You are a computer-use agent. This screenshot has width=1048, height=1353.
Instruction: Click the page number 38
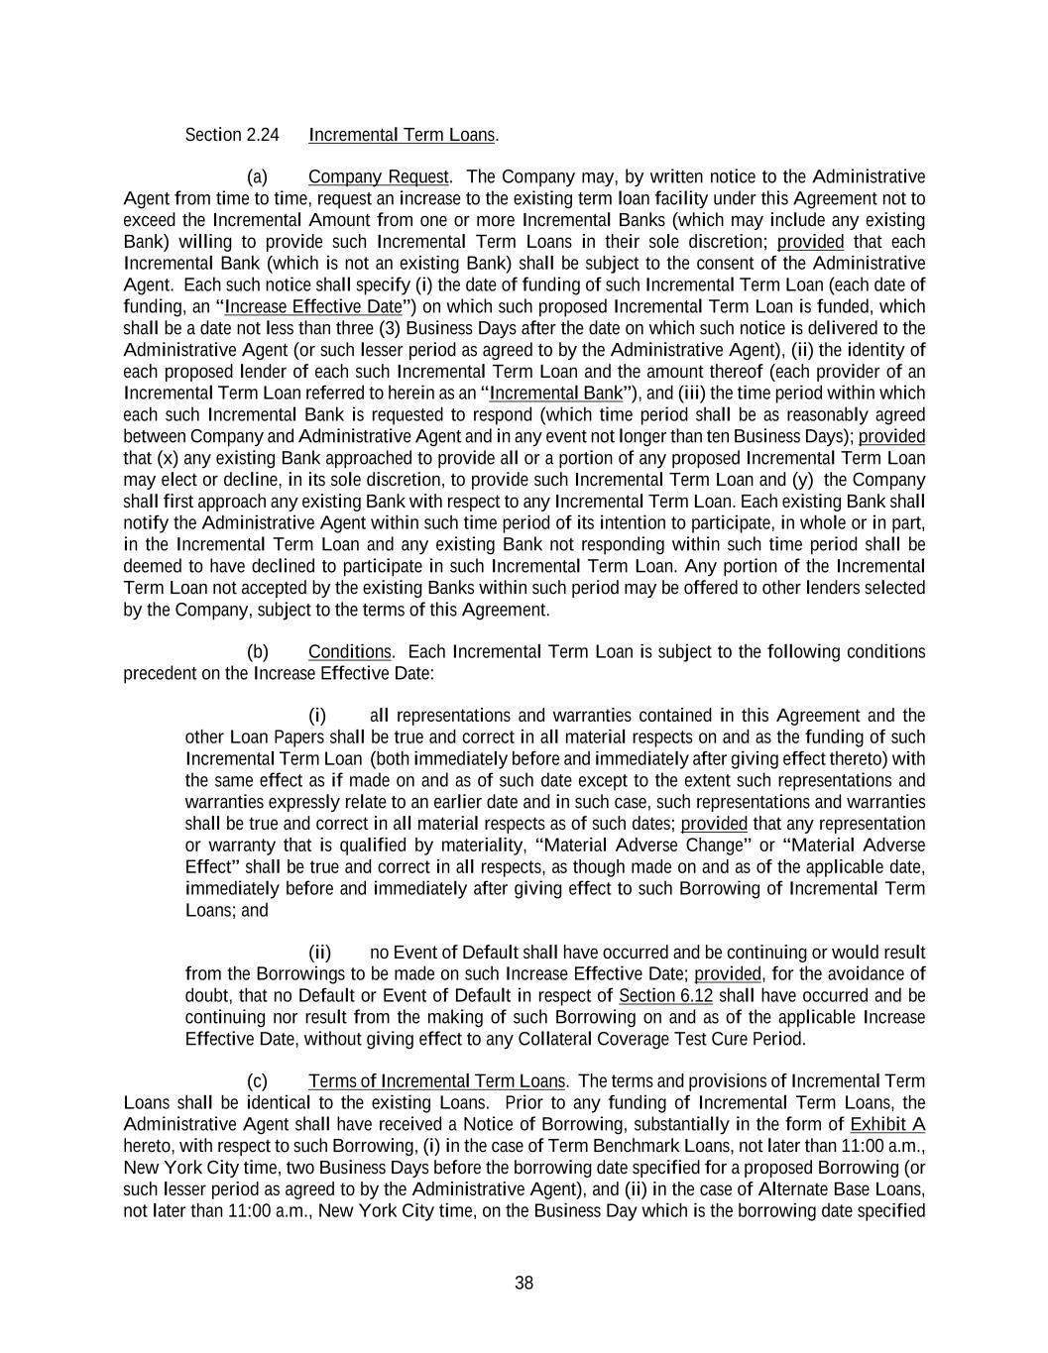tap(524, 1283)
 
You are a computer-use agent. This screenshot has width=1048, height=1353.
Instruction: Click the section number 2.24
tap(262, 135)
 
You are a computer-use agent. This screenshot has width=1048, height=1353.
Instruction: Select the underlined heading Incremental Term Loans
tap(402, 135)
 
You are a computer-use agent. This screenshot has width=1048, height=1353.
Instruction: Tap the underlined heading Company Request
tap(378, 177)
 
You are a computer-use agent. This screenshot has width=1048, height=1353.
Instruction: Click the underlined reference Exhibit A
tap(887, 1125)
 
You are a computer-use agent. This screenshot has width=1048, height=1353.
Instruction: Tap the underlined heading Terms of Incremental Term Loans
tap(436, 1081)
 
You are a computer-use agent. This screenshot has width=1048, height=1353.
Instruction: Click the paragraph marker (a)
tap(257, 177)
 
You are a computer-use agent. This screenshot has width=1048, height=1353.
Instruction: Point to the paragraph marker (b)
tap(257, 652)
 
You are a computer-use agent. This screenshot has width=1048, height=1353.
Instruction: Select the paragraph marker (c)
tap(257, 1081)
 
